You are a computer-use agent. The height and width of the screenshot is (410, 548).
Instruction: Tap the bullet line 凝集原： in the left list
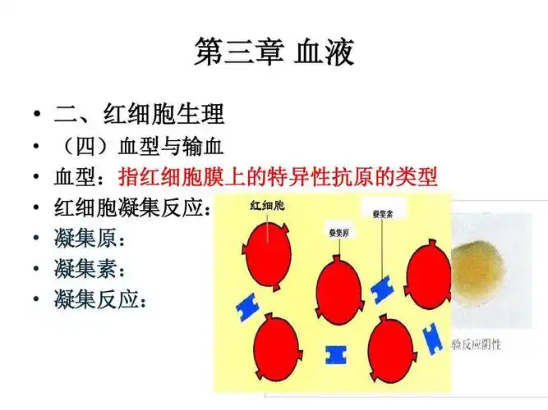tap(90, 239)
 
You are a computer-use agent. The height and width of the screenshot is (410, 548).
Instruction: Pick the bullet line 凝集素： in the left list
tap(90, 269)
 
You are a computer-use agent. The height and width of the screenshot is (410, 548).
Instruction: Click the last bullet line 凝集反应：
tap(102, 300)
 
